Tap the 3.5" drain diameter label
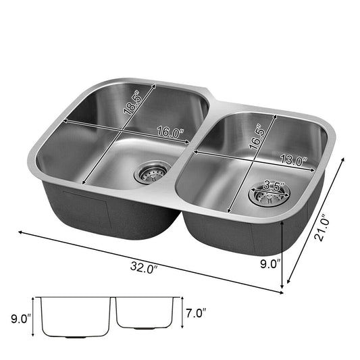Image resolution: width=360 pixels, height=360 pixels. (x=274, y=185)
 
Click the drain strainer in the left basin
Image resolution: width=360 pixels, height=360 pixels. (x=151, y=172)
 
